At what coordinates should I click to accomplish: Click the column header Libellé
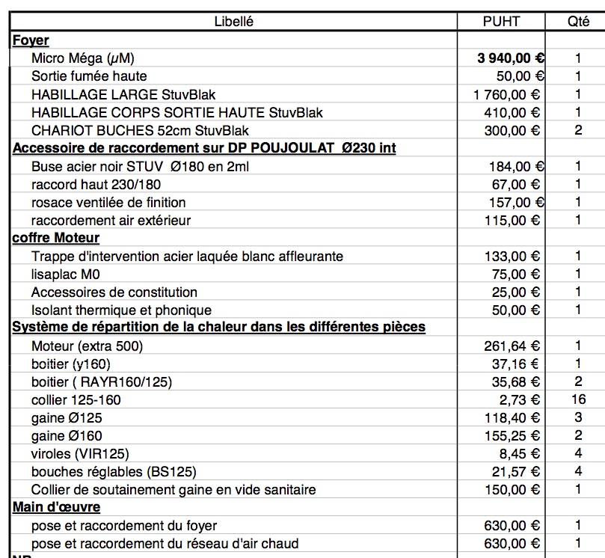(234, 22)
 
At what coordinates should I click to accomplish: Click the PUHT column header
(501, 22)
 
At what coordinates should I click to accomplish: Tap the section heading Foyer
(31, 40)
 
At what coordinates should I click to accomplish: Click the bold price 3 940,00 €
(511, 58)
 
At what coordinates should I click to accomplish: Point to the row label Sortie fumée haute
(89, 76)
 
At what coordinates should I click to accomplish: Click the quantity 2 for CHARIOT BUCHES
(578, 130)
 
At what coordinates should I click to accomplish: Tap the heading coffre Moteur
(56, 238)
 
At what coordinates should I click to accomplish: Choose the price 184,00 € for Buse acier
(515, 166)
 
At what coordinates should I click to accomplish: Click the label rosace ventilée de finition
(108, 202)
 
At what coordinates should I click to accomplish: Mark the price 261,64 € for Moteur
(512, 346)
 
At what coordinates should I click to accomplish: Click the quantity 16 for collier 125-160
(578, 399)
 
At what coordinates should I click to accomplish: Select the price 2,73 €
(523, 399)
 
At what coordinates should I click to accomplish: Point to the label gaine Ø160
(67, 435)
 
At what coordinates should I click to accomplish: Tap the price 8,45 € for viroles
(523, 453)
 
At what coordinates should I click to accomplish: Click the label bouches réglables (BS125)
(103, 471)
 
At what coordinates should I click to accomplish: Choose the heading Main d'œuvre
(57, 507)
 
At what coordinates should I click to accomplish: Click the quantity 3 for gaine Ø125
(578, 417)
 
